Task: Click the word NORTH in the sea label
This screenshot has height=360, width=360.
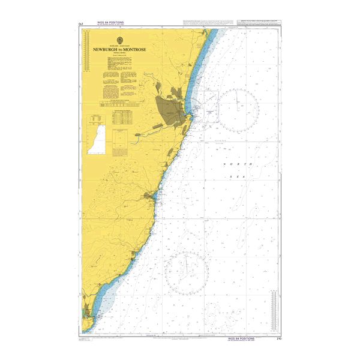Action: tap(232, 164)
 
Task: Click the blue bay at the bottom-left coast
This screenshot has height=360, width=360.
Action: tap(103, 306)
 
